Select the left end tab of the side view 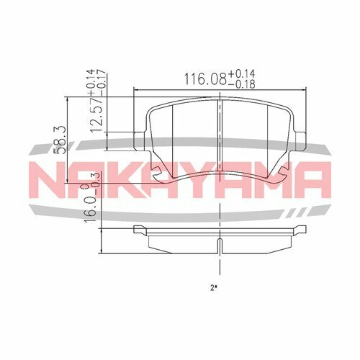pos(139,230)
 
